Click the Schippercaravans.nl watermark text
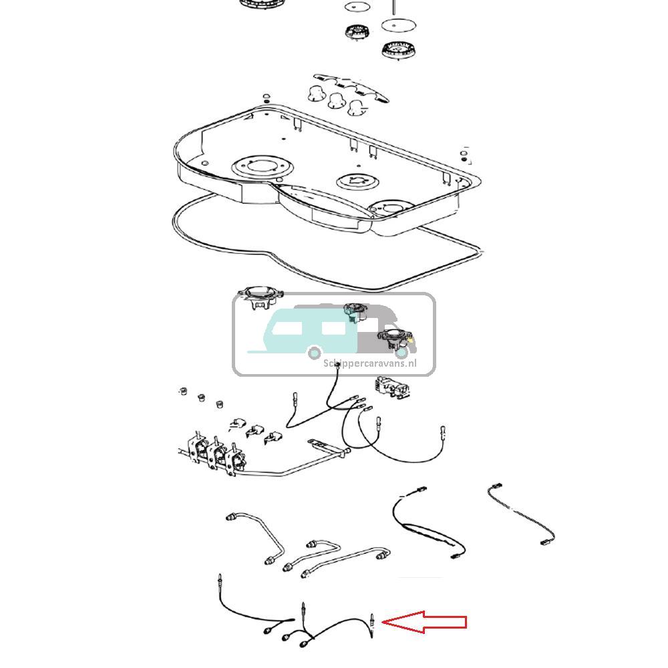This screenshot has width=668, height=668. click(x=369, y=363)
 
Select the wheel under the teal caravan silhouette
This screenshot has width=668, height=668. click(x=315, y=352)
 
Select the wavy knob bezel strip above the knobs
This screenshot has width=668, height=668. click(x=353, y=87)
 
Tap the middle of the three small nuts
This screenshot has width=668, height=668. click(x=199, y=398)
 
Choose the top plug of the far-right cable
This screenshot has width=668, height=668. click(x=494, y=486)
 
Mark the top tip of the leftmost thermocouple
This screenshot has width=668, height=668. click(x=220, y=577)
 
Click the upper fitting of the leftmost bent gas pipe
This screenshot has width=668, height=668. click(x=232, y=516)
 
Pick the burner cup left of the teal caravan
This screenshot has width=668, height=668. click(x=259, y=297)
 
